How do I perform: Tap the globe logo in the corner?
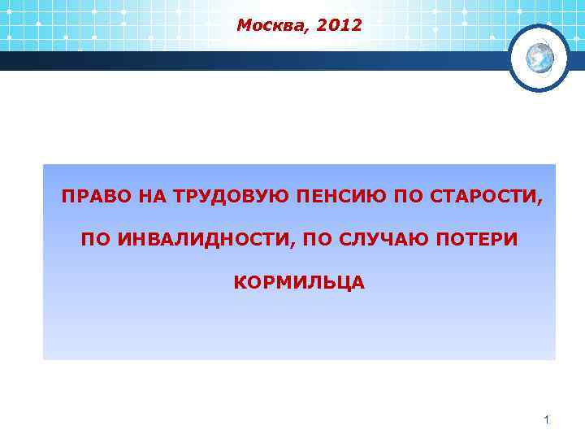539,57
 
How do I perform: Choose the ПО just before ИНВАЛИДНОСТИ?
95,240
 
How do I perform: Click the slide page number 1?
547,420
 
